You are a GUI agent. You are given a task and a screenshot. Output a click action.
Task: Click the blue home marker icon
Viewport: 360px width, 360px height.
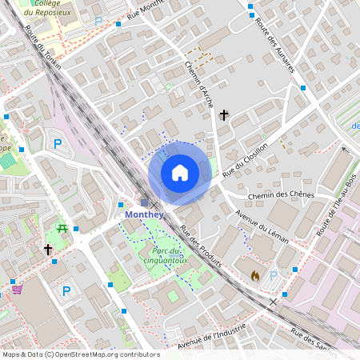click(180, 173)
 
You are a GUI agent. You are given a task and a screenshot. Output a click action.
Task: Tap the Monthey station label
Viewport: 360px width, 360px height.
click(144, 214)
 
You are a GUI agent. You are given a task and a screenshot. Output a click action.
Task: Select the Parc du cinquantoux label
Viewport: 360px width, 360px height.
click(158, 254)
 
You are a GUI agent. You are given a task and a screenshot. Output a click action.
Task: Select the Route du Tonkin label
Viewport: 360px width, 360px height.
click(42, 47)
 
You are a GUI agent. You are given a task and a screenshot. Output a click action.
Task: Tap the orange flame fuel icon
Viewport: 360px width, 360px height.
click(255, 275)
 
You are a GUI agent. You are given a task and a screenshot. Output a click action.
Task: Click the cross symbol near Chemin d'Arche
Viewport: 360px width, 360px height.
click(224, 116)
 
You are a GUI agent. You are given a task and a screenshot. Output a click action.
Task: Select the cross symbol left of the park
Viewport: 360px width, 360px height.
click(48, 250)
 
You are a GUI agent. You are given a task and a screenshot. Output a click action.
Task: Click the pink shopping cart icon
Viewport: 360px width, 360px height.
click(17, 289)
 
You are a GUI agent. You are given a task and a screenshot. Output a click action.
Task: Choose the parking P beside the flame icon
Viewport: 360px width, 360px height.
click(274, 276)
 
